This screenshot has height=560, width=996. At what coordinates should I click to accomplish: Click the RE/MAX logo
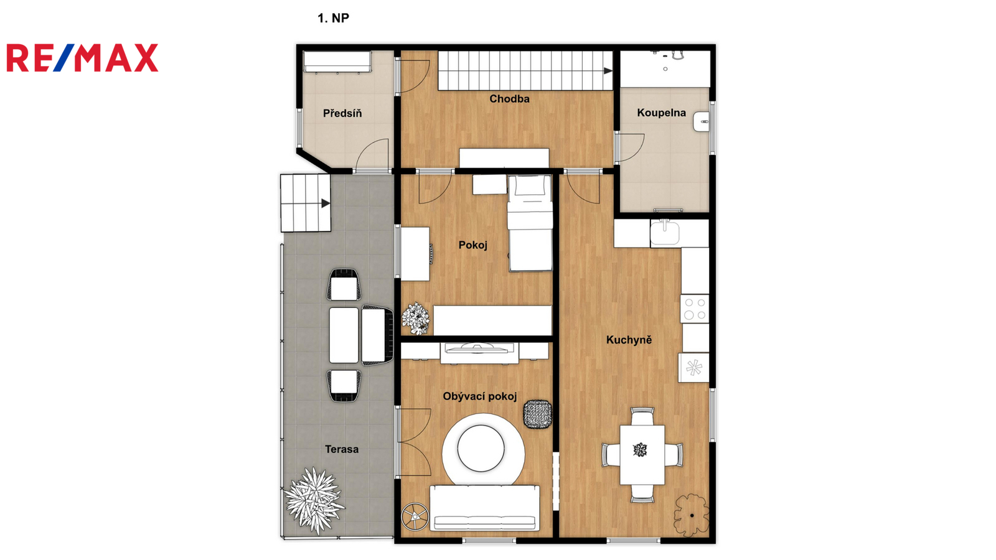pyautogui.click(x=82, y=58)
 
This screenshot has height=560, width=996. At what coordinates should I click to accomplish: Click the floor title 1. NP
pyautogui.click(x=333, y=18)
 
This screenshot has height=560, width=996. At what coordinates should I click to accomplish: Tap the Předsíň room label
pyautogui.click(x=342, y=113)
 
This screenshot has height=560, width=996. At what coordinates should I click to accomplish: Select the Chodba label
pyautogui.click(x=509, y=99)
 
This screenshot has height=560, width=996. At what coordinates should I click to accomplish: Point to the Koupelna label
pyautogui.click(x=661, y=113)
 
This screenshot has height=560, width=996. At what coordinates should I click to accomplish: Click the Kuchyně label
pyautogui.click(x=629, y=340)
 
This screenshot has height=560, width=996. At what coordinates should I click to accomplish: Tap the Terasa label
pyautogui.click(x=342, y=449)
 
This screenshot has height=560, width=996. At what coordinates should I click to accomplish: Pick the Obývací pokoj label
pyautogui.click(x=479, y=396)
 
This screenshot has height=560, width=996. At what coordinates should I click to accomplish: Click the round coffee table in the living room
pyautogui.click(x=481, y=448)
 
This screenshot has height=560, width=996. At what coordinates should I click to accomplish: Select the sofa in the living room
pyautogui.click(x=485, y=508)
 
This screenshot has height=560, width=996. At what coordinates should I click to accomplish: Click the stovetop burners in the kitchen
pyautogui.click(x=695, y=309)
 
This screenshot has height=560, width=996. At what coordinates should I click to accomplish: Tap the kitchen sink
pyautogui.click(x=664, y=233)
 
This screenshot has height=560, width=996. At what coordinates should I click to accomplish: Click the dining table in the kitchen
pyautogui.click(x=642, y=455)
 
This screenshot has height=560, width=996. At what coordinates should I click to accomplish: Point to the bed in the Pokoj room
pyautogui.click(x=530, y=223)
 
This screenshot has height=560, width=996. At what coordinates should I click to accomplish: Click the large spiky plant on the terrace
pyautogui.click(x=314, y=500)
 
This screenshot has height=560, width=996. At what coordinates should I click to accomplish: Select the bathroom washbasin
pyautogui.click(x=701, y=121)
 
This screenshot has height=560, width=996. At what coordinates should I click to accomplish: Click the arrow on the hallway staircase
pyautogui.click(x=608, y=71)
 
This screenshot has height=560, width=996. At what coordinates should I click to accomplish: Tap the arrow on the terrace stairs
pyautogui.click(x=326, y=203)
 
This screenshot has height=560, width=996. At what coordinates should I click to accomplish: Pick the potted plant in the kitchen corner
pyautogui.click(x=692, y=515)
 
